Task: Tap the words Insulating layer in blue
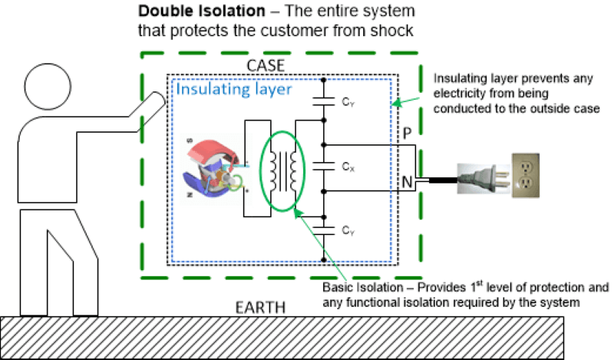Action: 234,90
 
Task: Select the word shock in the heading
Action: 394,31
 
